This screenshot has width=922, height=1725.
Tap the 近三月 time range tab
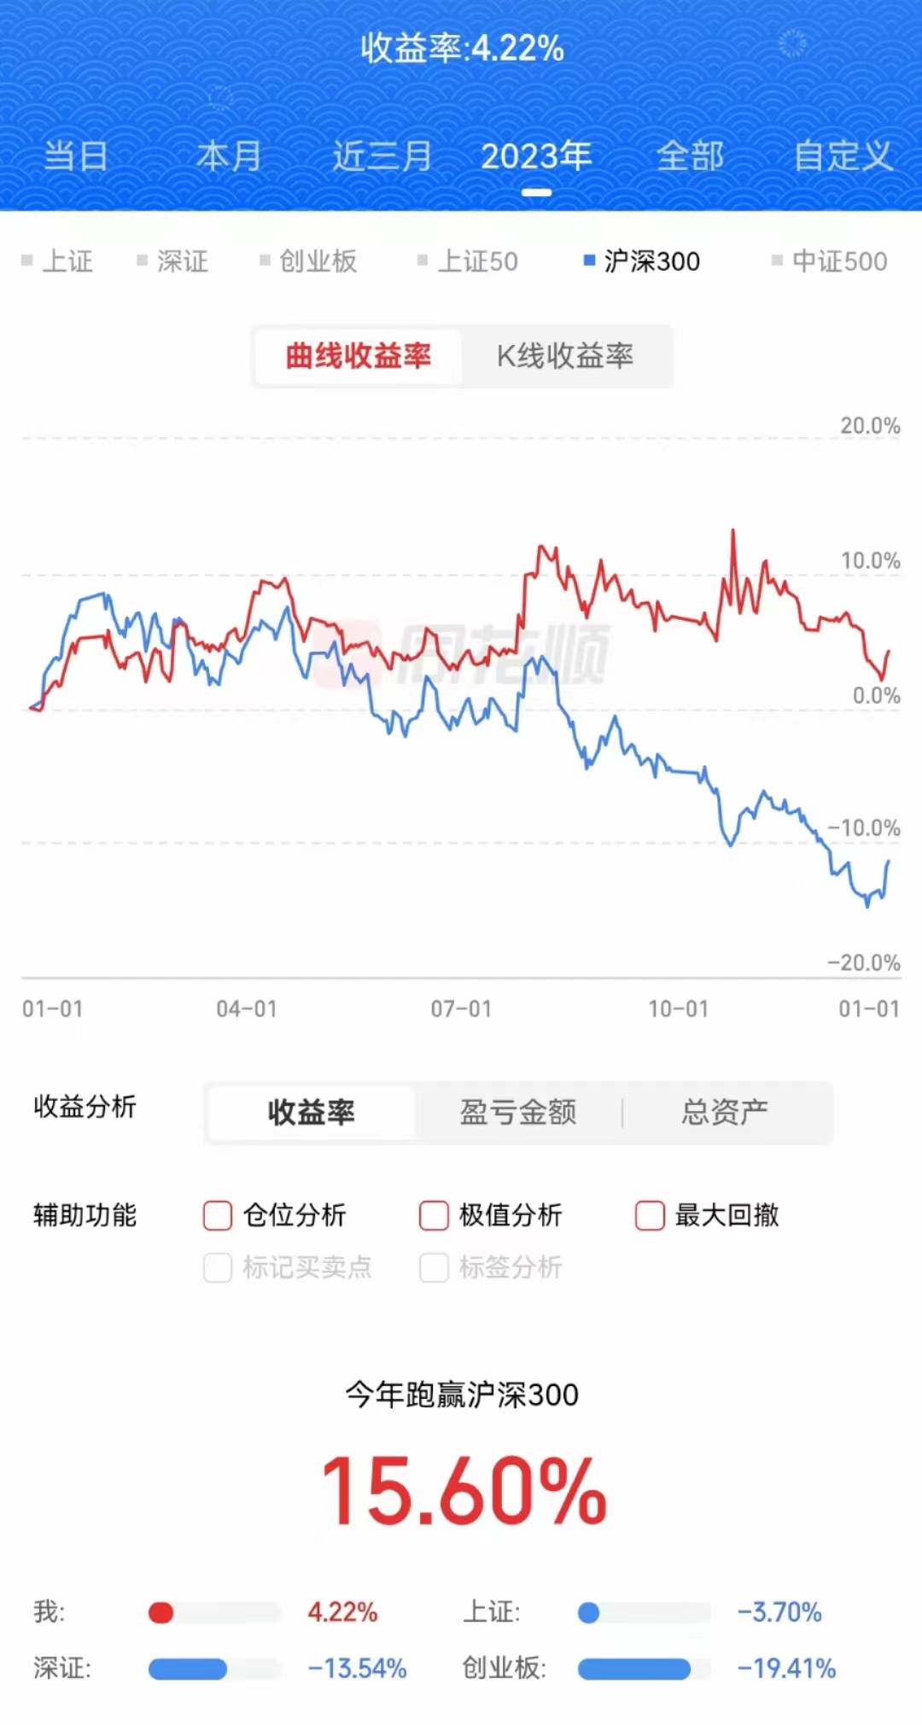(x=382, y=156)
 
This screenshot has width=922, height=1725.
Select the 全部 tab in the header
(x=690, y=156)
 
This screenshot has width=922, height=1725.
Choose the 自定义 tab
(x=843, y=156)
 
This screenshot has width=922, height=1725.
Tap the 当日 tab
(x=76, y=156)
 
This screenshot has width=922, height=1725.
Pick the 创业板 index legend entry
(x=309, y=261)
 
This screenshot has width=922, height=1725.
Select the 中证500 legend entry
(x=830, y=261)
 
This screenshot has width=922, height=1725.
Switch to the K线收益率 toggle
(x=565, y=356)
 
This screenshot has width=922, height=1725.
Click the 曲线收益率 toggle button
(x=359, y=356)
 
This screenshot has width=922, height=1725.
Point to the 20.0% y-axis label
(x=870, y=425)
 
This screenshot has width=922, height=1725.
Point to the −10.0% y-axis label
(x=864, y=827)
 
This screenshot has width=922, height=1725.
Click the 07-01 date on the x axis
(x=461, y=1009)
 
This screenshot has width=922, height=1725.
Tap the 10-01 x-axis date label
(x=679, y=1009)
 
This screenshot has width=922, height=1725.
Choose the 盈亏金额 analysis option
(x=518, y=1112)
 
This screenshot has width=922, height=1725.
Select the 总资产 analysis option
(x=725, y=1112)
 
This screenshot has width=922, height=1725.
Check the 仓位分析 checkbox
(x=218, y=1215)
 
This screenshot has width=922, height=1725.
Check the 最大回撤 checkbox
(x=650, y=1215)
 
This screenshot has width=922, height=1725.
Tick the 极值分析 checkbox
(x=434, y=1215)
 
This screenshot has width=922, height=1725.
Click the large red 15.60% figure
(x=464, y=1492)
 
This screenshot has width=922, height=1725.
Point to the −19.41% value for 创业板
(x=786, y=1669)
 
